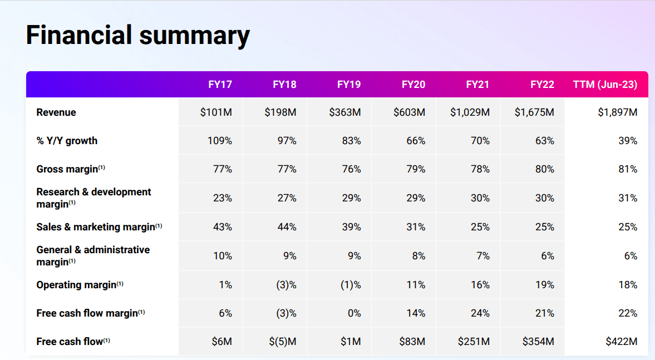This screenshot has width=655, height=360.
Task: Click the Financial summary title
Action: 137,35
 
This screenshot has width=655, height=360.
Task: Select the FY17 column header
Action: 220,85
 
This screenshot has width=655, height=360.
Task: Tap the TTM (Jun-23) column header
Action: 605,85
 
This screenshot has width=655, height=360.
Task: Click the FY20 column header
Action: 413,85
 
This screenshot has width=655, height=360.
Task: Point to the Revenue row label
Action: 56,112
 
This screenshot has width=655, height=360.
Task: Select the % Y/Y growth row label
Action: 67,141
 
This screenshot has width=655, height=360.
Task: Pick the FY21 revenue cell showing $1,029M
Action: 470,112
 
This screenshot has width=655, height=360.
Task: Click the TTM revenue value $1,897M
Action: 618,112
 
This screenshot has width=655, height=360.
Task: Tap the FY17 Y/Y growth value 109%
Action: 220,141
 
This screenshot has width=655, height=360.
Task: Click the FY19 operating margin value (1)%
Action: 351,285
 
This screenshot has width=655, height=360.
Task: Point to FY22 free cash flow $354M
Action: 538,342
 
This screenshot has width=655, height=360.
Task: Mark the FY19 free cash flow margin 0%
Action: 354,313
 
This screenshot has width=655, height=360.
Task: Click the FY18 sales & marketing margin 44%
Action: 287,227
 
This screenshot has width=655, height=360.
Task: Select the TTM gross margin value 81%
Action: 628,169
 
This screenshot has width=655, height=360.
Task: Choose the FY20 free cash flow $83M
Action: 412,342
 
